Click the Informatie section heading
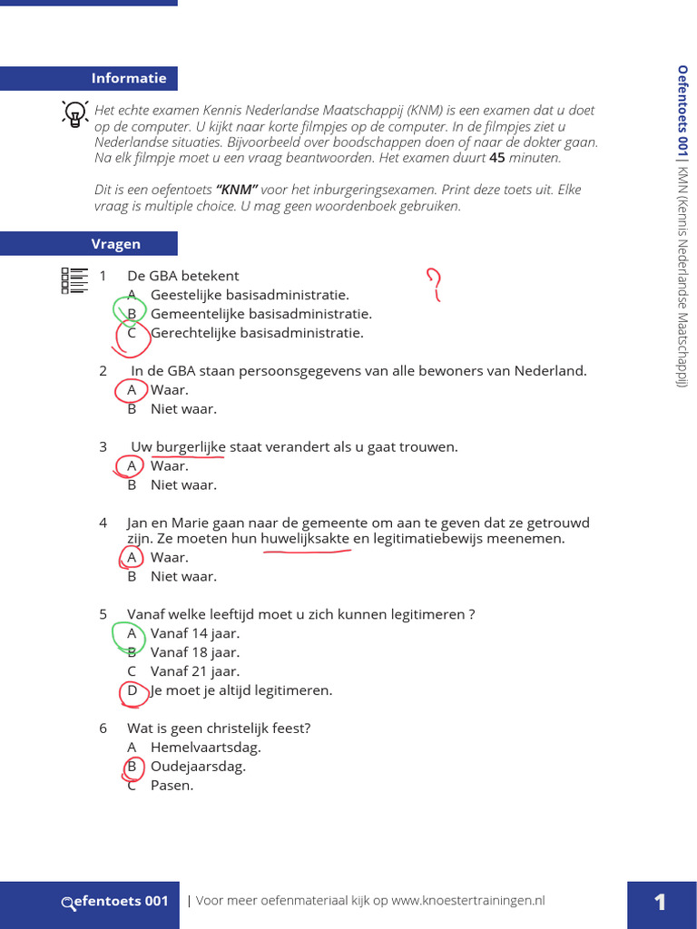129,78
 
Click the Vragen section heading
115,243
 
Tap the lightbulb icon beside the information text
73,113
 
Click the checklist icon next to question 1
74,280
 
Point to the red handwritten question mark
434,283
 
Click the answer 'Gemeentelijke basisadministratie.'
260,314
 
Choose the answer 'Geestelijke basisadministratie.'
250,295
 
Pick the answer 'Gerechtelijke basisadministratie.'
257,333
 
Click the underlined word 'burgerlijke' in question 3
191,447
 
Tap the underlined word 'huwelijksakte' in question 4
305,539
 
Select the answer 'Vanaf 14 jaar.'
195,634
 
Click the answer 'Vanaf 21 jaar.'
195,672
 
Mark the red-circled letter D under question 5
133,691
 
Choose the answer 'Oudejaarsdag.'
198,767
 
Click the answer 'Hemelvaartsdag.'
205,748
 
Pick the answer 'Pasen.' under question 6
172,786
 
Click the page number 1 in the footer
660,902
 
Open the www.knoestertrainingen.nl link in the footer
468,901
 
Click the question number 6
103,729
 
